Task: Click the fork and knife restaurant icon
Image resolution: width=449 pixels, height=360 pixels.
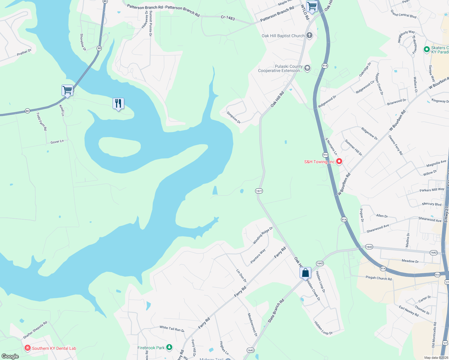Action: (x=118, y=103)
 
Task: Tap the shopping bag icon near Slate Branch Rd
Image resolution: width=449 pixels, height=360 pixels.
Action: (x=305, y=273)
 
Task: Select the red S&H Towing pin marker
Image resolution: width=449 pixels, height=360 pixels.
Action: (x=339, y=162)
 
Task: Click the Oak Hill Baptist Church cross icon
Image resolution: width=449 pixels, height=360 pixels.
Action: (x=309, y=36)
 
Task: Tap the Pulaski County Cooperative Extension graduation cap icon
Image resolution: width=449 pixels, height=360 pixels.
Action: (x=307, y=68)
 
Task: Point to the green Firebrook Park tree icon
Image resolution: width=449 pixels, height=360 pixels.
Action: (x=169, y=347)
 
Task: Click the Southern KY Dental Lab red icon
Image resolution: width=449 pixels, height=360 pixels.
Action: (x=28, y=348)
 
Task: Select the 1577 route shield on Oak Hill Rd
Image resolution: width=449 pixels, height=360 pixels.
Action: (x=259, y=191)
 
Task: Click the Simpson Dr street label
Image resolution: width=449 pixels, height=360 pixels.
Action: (x=234, y=117)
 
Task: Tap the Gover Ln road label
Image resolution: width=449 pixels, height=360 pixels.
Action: (x=57, y=142)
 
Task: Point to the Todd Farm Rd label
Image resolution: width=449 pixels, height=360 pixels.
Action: (x=41, y=121)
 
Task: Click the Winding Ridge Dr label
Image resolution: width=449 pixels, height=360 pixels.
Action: (x=263, y=235)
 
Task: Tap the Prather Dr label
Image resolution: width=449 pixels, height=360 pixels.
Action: (x=24, y=52)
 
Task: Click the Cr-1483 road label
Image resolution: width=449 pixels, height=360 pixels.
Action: (x=228, y=18)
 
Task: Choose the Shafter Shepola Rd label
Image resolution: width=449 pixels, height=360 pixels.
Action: (x=35, y=330)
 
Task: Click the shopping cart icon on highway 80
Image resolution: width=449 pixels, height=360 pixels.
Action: (x=67, y=90)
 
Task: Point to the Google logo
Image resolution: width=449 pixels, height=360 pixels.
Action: (x=10, y=356)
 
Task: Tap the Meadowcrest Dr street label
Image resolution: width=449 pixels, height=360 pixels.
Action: (x=252, y=325)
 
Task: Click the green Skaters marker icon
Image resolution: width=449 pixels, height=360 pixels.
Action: (x=426, y=49)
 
